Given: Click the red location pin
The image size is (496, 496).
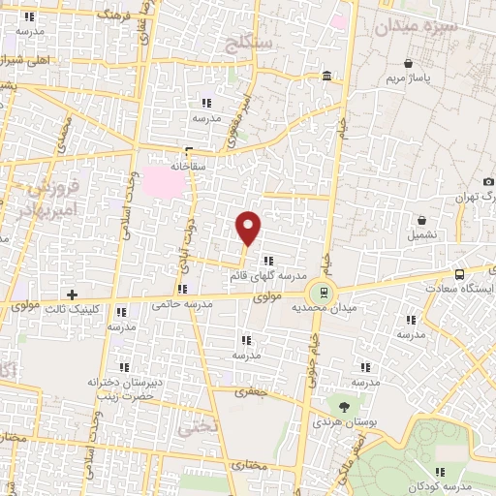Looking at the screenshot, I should point(249,227).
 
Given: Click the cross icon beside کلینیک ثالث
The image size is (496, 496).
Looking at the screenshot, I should point(72,294).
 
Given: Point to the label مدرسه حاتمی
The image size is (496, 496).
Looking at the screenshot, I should point(182,304).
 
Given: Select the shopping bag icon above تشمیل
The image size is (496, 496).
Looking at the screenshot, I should point(422,220).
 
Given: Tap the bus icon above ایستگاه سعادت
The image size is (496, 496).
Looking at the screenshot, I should point(460,274).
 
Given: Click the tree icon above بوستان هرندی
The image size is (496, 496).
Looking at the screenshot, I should point(344,405).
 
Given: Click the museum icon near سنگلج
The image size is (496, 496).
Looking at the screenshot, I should point(326,76).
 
